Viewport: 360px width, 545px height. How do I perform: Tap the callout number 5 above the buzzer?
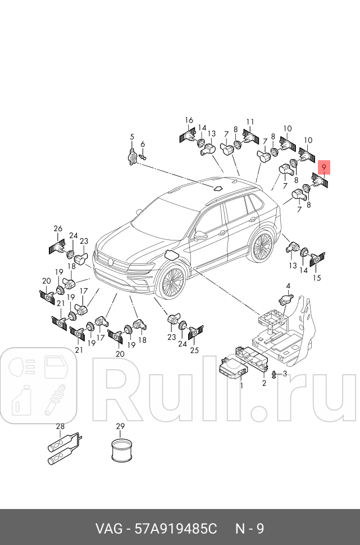[x=132, y=137]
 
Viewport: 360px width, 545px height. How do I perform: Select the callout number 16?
[x=189, y=120]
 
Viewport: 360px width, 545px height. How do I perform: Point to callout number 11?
[x=250, y=122]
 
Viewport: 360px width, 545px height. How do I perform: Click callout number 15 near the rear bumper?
[x=317, y=278]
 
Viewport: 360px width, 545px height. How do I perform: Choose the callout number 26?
[x=58, y=228]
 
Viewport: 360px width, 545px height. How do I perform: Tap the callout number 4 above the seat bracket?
[x=288, y=286]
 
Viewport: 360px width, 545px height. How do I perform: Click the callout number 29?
[x=120, y=426]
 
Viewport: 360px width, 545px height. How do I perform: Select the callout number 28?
[x=60, y=426]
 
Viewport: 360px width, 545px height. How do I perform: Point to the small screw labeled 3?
[x=274, y=375]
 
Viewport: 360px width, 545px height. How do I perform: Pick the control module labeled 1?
[x=233, y=371]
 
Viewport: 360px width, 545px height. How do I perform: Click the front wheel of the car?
[x=171, y=284]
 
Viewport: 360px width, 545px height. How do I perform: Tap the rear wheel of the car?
[x=262, y=247]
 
